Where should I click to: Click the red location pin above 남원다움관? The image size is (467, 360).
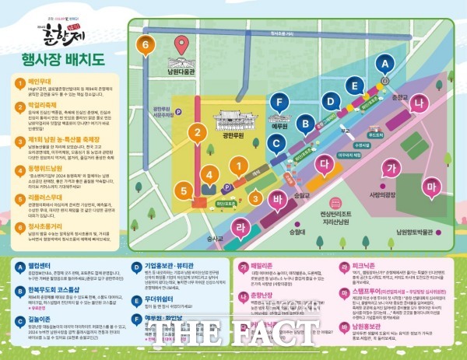pyautogui.click(x=182, y=46)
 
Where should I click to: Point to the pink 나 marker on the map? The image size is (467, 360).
pyautogui.click(x=420, y=103)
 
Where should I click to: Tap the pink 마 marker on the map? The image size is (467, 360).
pyautogui.click(x=430, y=187)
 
